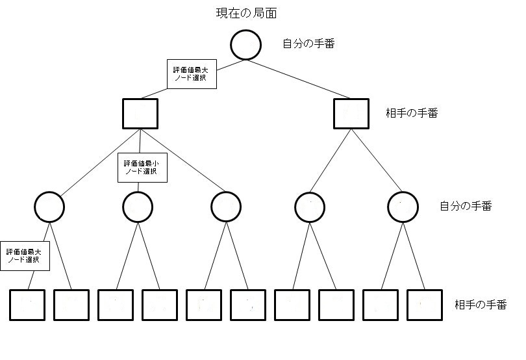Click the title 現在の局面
point(247,13)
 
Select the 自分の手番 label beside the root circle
point(308,44)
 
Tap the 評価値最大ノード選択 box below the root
point(192,74)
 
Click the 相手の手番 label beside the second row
point(412,113)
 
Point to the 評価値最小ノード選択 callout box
point(143,168)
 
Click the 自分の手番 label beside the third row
point(466,206)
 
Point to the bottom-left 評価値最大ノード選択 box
point(25,256)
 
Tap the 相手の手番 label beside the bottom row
point(481,305)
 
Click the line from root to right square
point(299,79)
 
